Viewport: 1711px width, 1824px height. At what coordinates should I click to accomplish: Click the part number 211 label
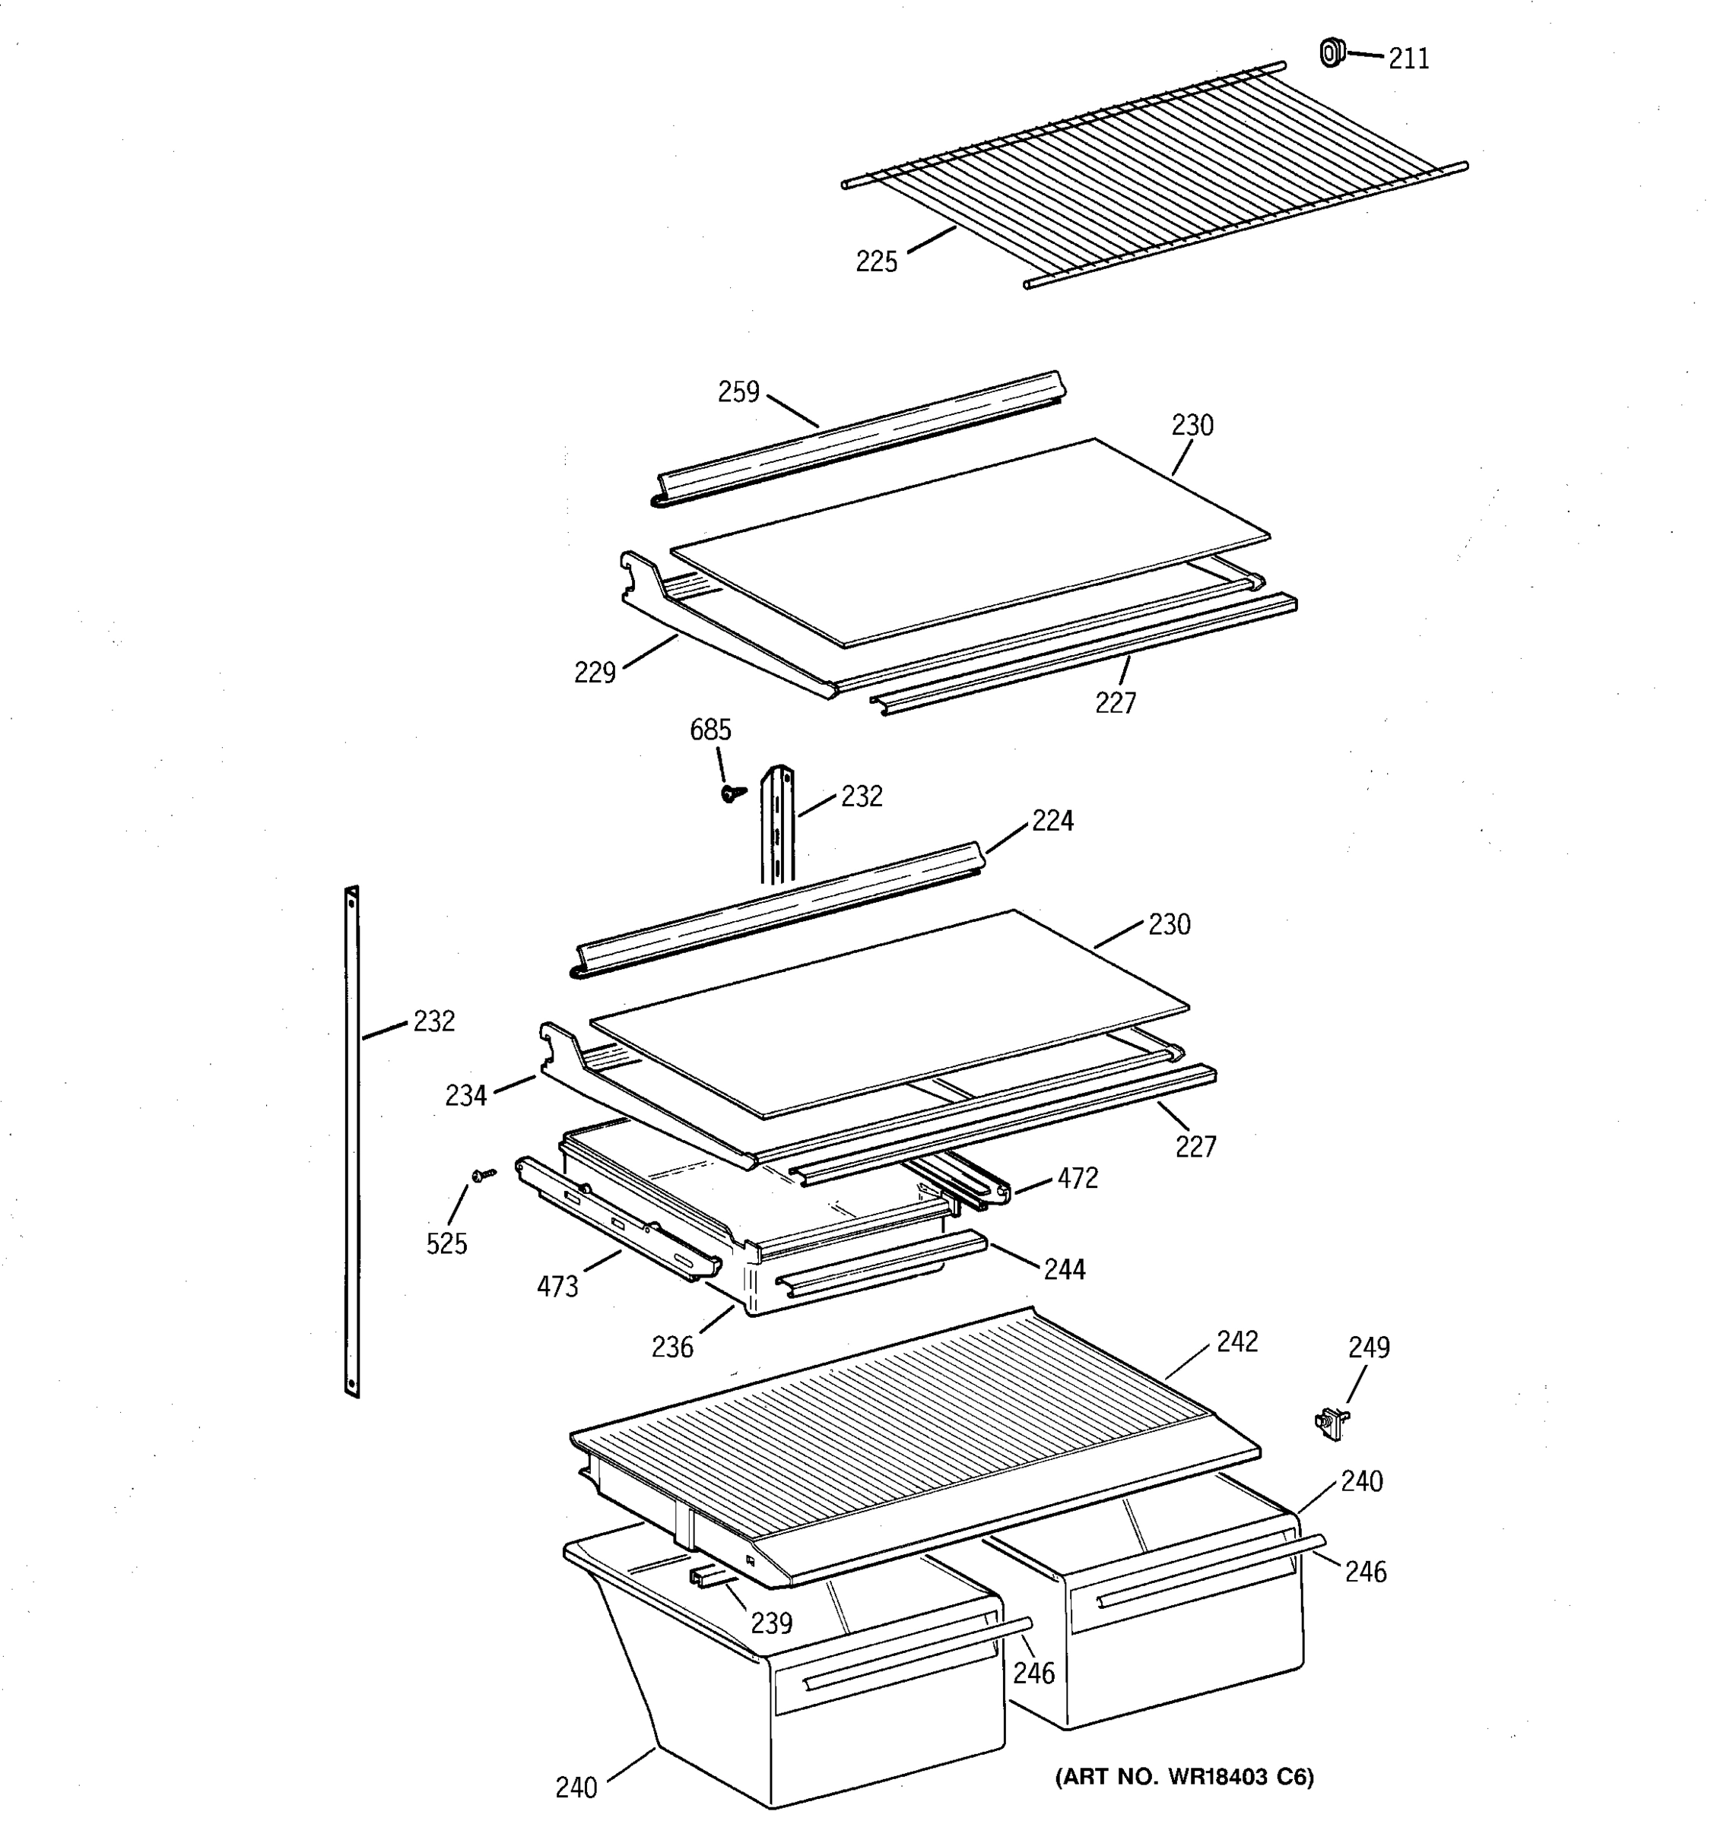[x=1408, y=59]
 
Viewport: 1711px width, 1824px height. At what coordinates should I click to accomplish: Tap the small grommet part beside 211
[x=1330, y=53]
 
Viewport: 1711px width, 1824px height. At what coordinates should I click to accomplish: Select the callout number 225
[x=876, y=262]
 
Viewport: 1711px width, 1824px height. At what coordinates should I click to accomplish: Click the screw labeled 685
[x=731, y=793]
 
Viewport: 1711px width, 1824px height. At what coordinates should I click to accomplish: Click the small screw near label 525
[x=483, y=1174]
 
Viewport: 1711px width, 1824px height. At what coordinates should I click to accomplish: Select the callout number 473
[x=557, y=1287]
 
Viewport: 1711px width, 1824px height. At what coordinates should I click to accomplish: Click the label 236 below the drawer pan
[x=672, y=1347]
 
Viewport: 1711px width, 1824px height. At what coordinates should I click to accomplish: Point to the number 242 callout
[x=1236, y=1342]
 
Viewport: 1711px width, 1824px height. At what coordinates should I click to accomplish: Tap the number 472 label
[x=1077, y=1179]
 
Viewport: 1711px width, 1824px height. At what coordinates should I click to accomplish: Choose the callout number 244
[x=1064, y=1270]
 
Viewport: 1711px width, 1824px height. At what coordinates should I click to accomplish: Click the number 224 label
[x=1052, y=821]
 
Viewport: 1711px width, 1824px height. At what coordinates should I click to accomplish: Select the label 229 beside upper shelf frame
[x=594, y=673]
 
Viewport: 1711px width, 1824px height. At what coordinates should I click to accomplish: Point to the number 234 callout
[x=465, y=1095]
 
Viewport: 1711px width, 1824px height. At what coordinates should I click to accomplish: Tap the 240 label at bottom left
[x=576, y=1788]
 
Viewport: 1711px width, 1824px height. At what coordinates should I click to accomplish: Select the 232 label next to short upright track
[x=861, y=796]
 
